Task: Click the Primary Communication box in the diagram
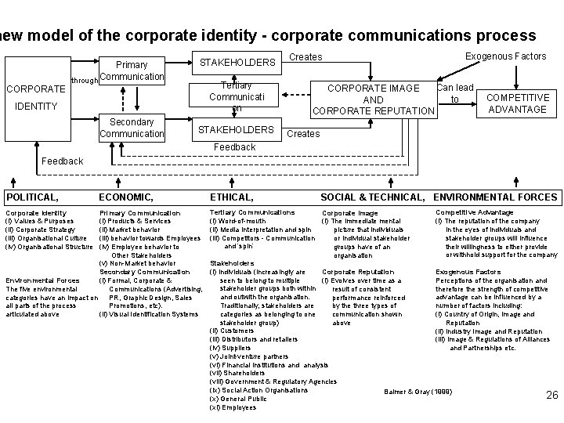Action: point(132,70)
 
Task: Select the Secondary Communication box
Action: point(132,128)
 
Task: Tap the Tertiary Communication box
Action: point(236,98)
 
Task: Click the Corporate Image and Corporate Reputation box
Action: point(373,99)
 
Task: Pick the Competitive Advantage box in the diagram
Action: point(516,103)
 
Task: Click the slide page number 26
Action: point(551,396)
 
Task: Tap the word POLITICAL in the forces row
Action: point(33,197)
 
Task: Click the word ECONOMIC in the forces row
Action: point(125,197)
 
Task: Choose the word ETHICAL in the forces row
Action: point(231,197)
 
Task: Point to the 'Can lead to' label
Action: point(454,93)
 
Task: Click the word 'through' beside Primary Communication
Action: point(84,80)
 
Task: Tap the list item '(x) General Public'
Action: point(238,399)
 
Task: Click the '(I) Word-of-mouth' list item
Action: point(237,221)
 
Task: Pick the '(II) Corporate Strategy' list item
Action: point(41,230)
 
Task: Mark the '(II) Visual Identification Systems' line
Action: point(149,314)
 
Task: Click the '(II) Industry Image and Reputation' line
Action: point(486,331)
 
